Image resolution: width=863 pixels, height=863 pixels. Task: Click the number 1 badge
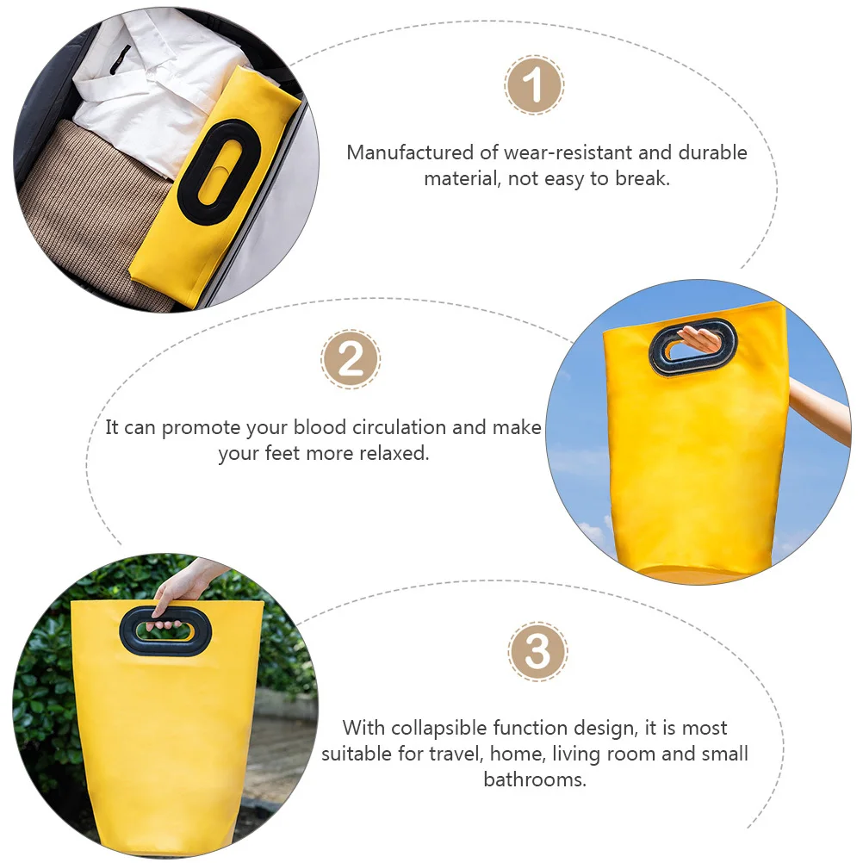(534, 85)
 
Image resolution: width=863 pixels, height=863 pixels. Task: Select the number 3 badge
(537, 652)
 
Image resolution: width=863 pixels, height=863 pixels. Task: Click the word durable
(712, 153)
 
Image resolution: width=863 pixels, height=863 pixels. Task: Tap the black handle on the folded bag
(219, 171)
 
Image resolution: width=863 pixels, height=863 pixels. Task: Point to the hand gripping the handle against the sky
(698, 339)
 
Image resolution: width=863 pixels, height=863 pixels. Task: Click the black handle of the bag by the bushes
(165, 630)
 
